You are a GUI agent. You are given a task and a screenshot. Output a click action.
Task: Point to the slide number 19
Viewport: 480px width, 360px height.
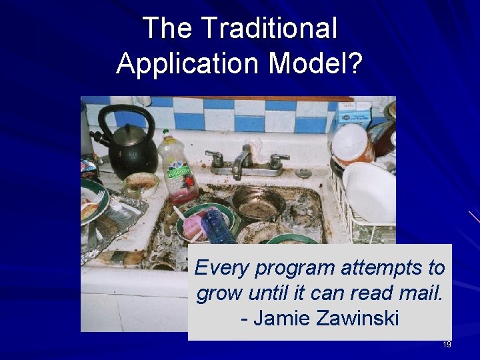(447, 345)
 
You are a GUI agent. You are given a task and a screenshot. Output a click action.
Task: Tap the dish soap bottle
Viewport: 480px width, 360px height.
(177, 167)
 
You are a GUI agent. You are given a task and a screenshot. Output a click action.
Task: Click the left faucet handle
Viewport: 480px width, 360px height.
(215, 158)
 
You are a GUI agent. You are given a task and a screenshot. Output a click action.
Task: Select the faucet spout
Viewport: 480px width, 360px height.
(243, 160)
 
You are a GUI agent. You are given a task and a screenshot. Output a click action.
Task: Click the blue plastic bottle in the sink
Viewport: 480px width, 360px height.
(217, 227)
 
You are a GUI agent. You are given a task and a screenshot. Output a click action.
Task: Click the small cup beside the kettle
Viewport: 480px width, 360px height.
(141, 184)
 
